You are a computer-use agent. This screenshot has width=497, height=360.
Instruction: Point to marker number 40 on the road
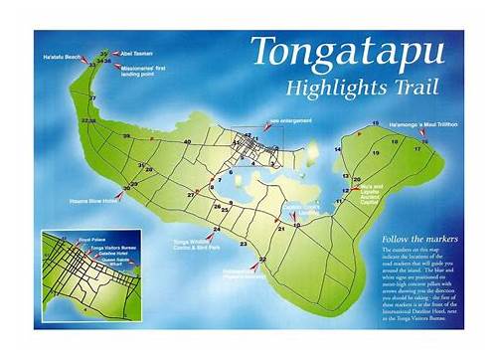(x=187, y=142)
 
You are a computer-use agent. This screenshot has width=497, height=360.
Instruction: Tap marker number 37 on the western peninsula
(x=92, y=98)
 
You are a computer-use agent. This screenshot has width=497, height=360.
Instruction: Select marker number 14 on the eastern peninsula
(x=337, y=148)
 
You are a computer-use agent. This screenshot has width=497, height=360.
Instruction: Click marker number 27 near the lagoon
(x=191, y=195)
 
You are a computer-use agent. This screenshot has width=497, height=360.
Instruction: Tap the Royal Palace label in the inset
(x=81, y=239)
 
